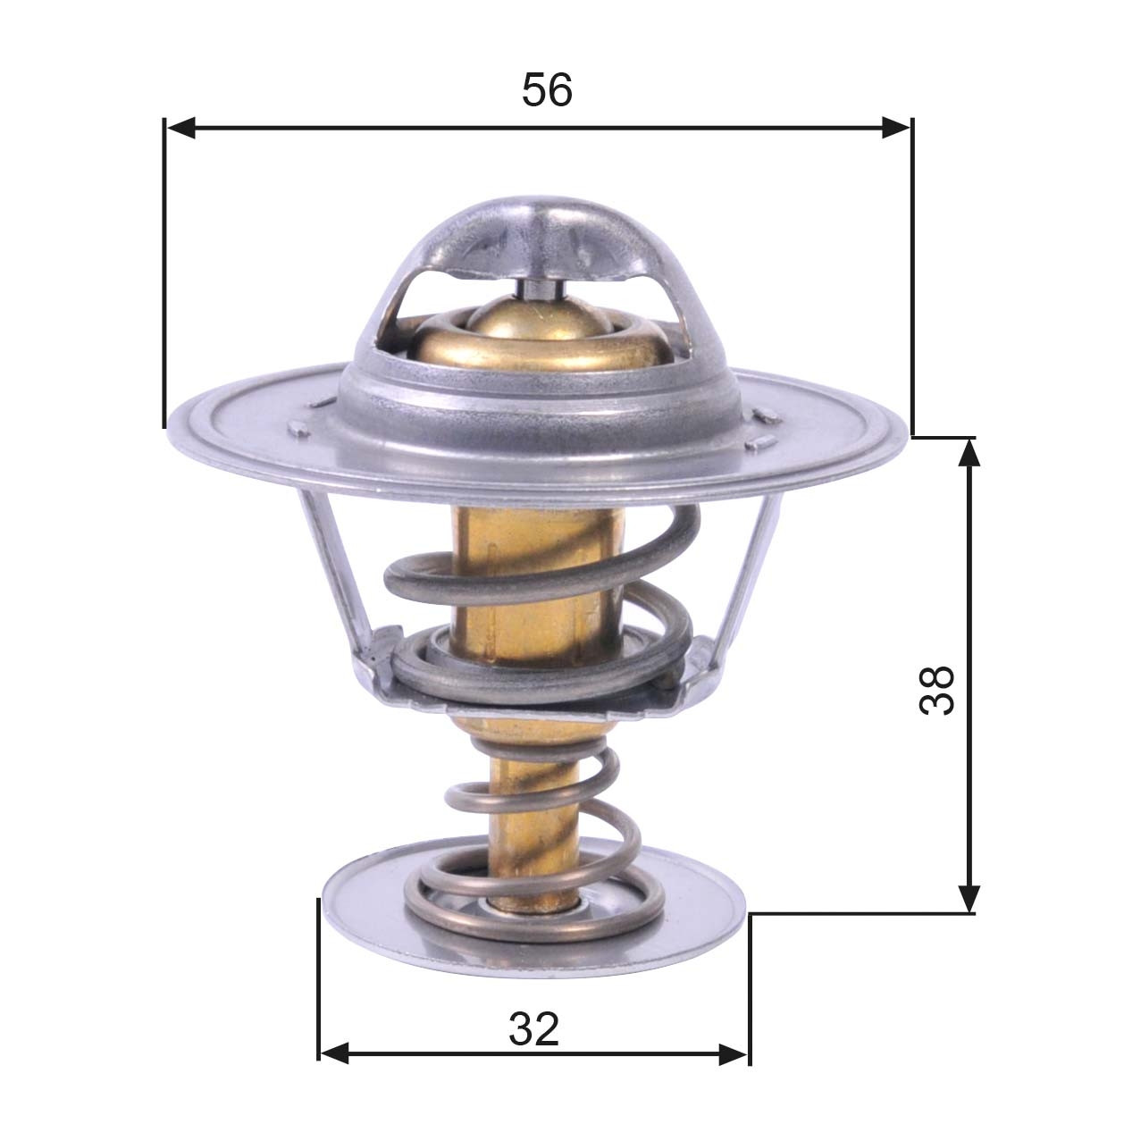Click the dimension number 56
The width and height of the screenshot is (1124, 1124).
point(547,90)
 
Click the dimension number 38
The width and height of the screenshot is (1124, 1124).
point(937,689)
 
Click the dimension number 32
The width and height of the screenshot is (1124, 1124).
point(533,1029)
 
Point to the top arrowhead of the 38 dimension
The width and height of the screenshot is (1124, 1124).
point(969,452)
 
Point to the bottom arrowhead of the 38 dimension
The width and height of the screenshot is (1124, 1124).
point(969,899)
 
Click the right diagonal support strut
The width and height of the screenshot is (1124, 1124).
point(748,572)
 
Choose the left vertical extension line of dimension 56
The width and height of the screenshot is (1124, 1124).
point(165,268)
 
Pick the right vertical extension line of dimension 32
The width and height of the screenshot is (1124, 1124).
point(750,983)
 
